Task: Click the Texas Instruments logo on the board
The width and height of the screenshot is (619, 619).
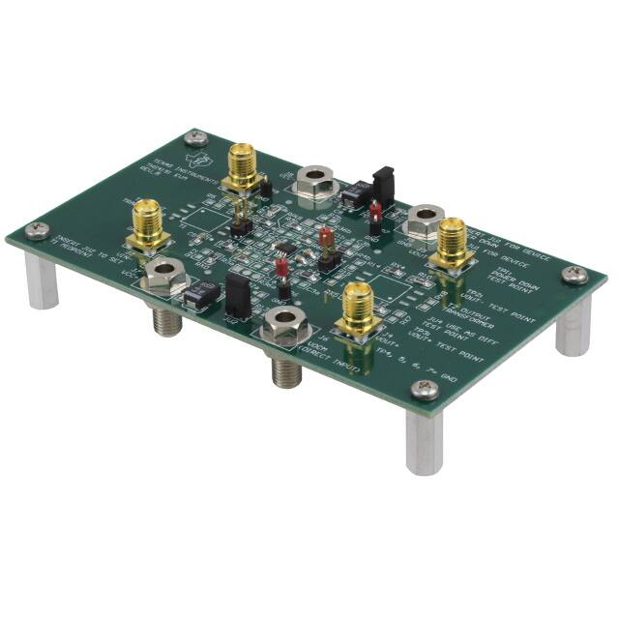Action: pos(203,160)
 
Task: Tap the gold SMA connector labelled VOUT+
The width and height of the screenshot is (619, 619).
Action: pos(356,308)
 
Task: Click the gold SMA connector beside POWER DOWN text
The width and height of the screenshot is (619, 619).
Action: pos(451,247)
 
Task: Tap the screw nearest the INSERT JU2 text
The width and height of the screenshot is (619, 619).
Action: pos(38,228)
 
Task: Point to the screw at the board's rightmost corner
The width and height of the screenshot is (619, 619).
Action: pos(575,274)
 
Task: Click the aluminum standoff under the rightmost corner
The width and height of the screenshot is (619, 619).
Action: pos(573,325)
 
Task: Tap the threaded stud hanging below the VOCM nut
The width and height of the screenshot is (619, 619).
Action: pos(283,368)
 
